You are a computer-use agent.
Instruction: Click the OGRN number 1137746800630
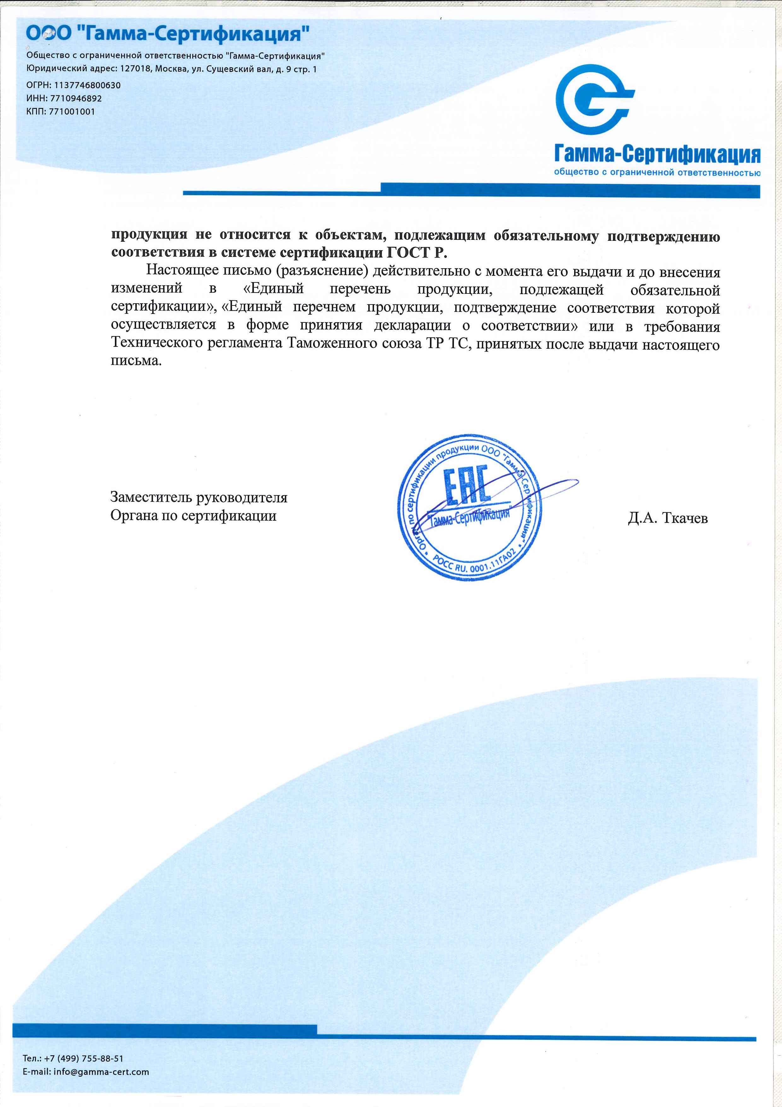pos(87,85)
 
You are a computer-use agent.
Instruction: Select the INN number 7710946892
pos(76,98)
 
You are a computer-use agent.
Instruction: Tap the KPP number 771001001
pos(72,111)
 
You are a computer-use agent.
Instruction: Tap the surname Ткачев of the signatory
pos(685,518)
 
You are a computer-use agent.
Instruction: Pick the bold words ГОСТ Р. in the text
pos(417,253)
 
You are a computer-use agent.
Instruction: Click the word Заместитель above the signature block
pos(152,497)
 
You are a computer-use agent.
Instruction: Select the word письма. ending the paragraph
pos(136,361)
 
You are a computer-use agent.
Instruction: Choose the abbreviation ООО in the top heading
pos(48,34)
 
